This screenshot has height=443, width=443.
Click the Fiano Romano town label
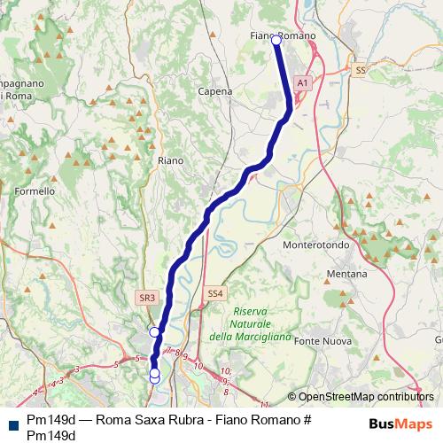point(284,34)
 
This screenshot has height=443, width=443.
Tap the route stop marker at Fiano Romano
point(276,40)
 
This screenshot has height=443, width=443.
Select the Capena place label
point(216,91)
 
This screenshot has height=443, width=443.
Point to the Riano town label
point(169,160)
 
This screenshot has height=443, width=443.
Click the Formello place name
point(35,190)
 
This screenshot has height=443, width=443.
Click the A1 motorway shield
point(302,82)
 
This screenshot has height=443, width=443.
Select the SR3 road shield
point(147,298)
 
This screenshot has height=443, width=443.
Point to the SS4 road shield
point(215,293)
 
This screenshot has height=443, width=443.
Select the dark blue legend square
point(12,424)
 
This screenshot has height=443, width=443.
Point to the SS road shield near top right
point(359,69)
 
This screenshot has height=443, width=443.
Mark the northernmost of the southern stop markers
point(154,331)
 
